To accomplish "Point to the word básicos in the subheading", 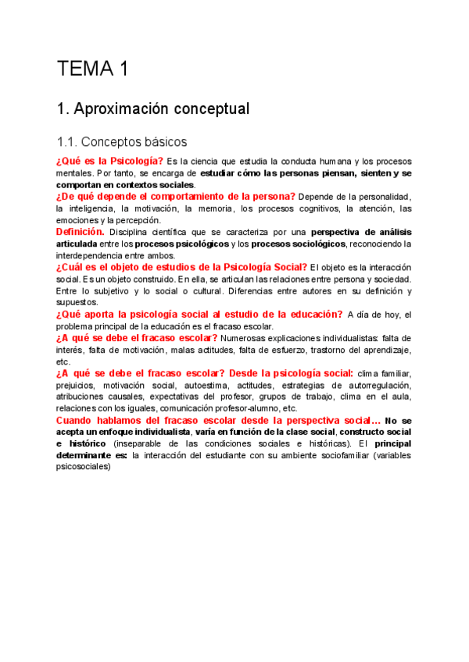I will click(160, 142).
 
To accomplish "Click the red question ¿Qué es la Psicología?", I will click(109, 161).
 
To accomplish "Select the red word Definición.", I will click(81, 232).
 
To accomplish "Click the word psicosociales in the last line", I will click(84, 467).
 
